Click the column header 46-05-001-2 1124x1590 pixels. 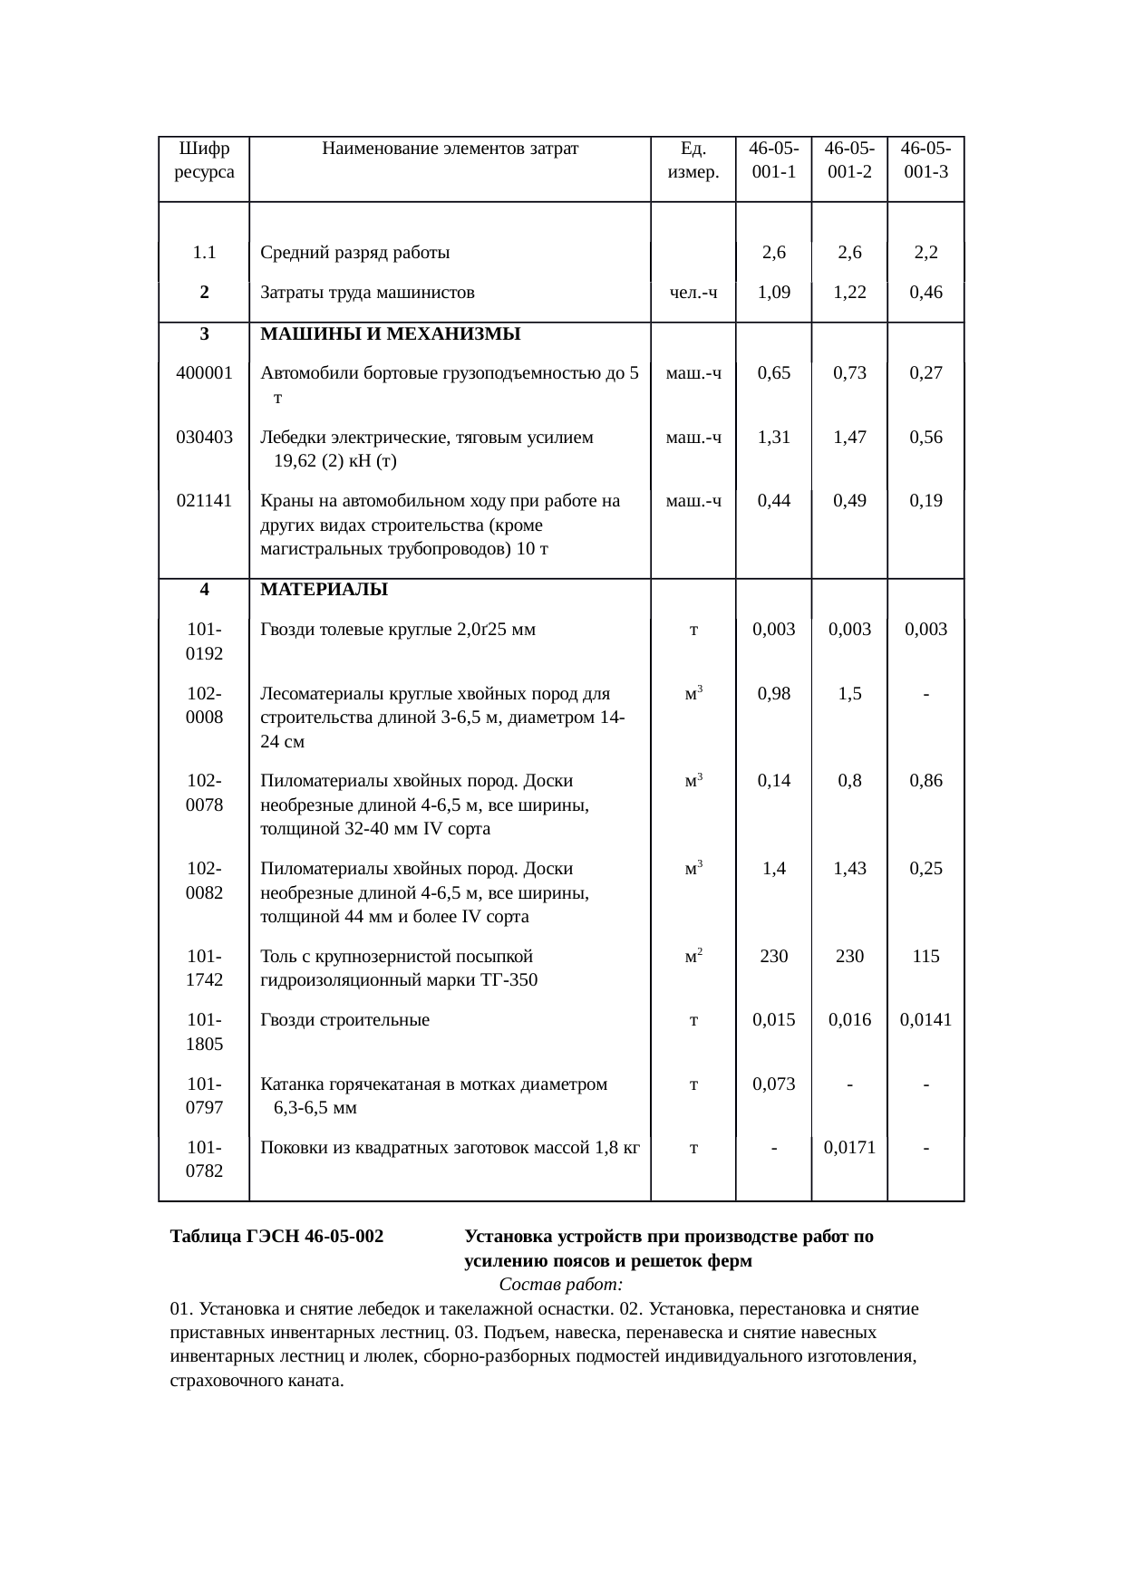tap(849, 159)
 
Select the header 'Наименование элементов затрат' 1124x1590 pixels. tap(450, 148)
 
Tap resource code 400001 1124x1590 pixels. tap(204, 372)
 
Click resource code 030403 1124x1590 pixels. tap(204, 437)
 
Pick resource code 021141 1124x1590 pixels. tap(204, 500)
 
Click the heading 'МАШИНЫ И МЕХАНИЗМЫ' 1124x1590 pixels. tap(390, 333)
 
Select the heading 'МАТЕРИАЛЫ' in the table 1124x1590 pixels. tap(324, 590)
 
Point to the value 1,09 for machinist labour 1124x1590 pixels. tap(773, 292)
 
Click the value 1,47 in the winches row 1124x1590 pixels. tap(849, 437)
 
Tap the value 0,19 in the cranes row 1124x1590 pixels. tap(925, 500)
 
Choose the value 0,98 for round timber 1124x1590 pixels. tap(773, 693)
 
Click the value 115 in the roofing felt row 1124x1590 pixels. tap(925, 956)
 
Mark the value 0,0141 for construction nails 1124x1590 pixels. tap(925, 1019)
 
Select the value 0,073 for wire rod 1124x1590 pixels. tap(773, 1084)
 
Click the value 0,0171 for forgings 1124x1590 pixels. tap(849, 1148)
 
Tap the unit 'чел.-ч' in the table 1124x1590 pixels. tap(693, 292)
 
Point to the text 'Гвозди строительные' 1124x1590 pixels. tap(344, 1019)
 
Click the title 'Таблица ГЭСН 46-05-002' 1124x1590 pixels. tap(276, 1237)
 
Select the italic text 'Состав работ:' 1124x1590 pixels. tap(560, 1285)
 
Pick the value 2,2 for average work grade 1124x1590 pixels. tap(925, 253)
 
